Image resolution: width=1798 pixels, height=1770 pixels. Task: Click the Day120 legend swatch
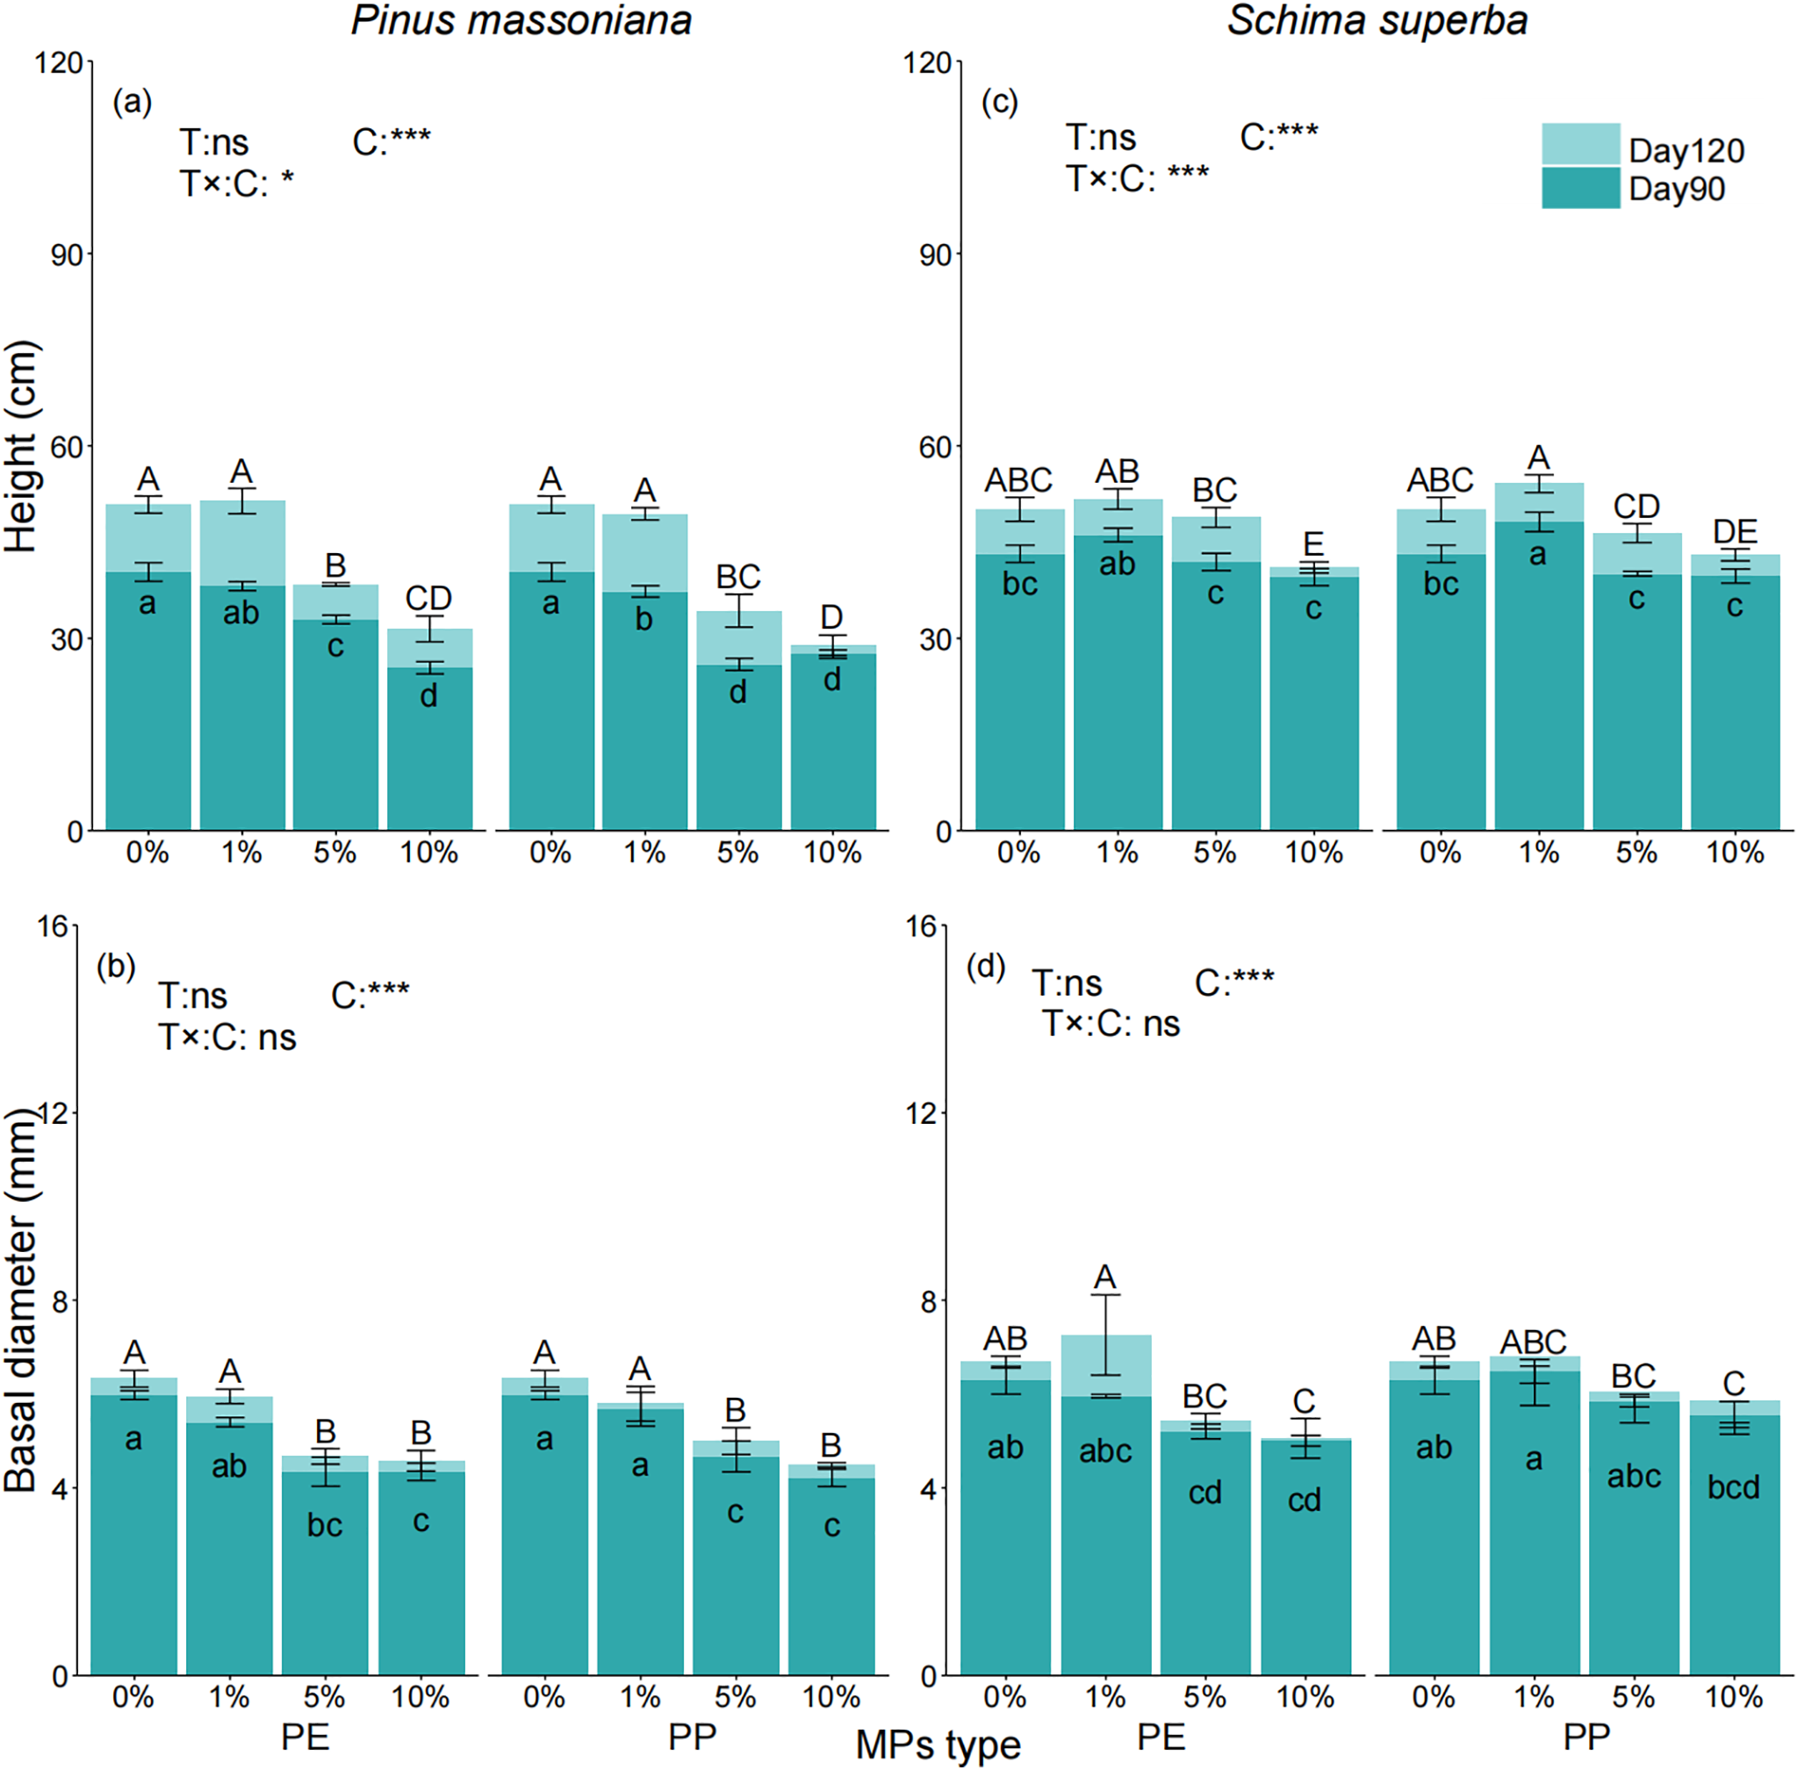point(1579,143)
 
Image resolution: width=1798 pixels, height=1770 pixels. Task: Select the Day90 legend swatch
point(1579,187)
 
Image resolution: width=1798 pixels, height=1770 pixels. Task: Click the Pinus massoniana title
point(521,20)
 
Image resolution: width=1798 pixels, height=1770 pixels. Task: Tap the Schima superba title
point(1377,20)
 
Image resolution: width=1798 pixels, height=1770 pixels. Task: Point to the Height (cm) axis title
point(20,446)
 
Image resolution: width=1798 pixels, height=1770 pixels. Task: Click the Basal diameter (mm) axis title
point(20,1301)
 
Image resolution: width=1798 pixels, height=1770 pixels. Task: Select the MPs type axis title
point(937,1745)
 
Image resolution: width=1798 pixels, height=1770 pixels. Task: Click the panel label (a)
point(132,101)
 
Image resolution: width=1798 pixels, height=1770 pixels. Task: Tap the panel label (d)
point(985,967)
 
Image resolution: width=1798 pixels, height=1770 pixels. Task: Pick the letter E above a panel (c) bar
point(1313,543)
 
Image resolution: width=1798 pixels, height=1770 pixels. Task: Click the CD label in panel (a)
point(428,598)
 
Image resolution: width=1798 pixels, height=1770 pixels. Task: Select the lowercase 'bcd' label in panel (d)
point(1733,1487)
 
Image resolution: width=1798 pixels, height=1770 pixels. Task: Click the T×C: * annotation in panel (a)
point(236,183)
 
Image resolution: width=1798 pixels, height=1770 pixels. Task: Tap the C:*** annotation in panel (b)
point(370,996)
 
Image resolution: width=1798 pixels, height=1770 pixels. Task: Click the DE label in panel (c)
point(1735,532)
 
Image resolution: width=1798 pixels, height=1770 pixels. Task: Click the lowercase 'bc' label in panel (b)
point(325,1526)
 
